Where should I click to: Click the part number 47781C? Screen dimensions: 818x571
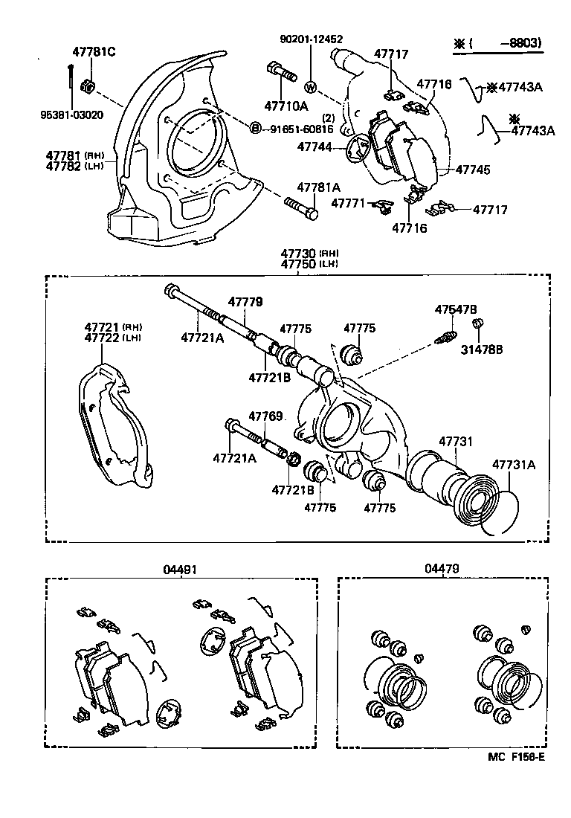[93, 52]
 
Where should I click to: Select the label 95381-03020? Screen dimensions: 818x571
[71, 115]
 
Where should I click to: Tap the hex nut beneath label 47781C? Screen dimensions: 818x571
[88, 86]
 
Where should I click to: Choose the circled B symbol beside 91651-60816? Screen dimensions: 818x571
[255, 129]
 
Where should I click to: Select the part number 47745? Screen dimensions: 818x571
[473, 170]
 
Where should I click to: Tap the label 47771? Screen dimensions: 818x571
[348, 203]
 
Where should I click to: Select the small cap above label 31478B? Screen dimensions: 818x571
[480, 323]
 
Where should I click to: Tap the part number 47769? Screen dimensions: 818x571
[265, 416]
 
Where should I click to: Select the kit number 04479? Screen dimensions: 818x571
[442, 569]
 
